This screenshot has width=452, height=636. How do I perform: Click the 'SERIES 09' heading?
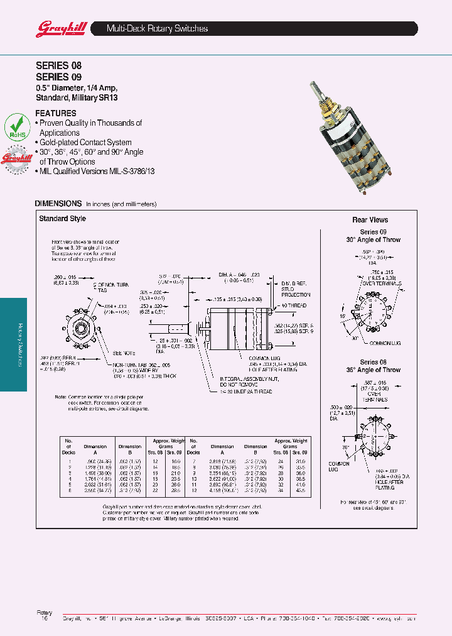coord(58,77)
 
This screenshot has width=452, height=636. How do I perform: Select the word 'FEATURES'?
coord(55,113)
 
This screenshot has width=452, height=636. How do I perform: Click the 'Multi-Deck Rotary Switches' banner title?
coord(157,29)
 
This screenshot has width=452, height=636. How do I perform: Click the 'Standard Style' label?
coord(62,219)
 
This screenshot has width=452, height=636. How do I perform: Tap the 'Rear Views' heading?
coord(370,220)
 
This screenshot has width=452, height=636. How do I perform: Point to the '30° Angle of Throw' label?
coord(373,240)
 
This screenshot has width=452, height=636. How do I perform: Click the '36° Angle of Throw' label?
coord(373,370)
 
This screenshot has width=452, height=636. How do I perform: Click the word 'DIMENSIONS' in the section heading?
coord(58,204)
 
